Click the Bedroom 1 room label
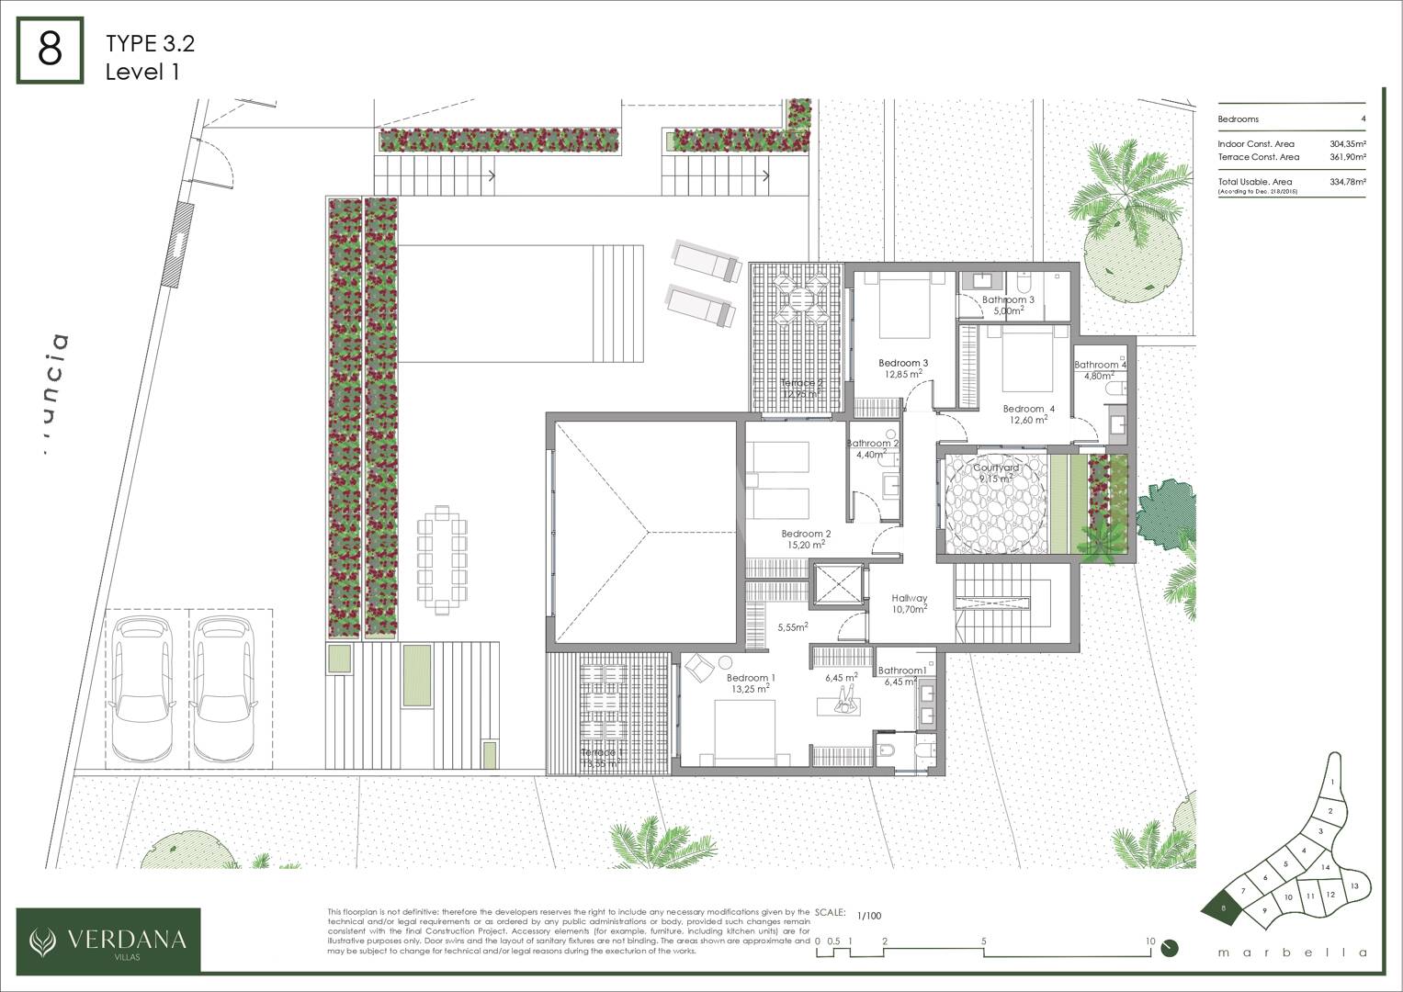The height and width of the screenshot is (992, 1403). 751,678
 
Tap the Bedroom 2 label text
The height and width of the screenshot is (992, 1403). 806,534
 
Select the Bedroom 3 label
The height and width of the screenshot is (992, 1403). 902,363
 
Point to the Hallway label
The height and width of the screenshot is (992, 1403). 909,598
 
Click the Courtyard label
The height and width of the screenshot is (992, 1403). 996,468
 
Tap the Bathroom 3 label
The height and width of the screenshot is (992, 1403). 1007,299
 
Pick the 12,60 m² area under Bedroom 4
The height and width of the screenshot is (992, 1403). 1028,421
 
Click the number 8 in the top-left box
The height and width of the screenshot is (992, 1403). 50,51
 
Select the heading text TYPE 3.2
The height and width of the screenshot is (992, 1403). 150,43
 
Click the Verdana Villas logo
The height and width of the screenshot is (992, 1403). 108,940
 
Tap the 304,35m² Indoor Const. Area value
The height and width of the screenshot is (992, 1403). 1347,144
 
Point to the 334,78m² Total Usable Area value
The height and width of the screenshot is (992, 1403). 1347,182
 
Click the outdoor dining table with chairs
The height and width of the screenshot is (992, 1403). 443,559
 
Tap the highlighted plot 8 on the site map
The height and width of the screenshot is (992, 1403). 1222,908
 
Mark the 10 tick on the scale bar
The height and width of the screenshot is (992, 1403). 1149,941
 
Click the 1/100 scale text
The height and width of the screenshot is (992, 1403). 868,916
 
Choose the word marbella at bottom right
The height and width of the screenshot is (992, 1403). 1292,953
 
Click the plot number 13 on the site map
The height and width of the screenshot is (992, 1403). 1353,885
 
